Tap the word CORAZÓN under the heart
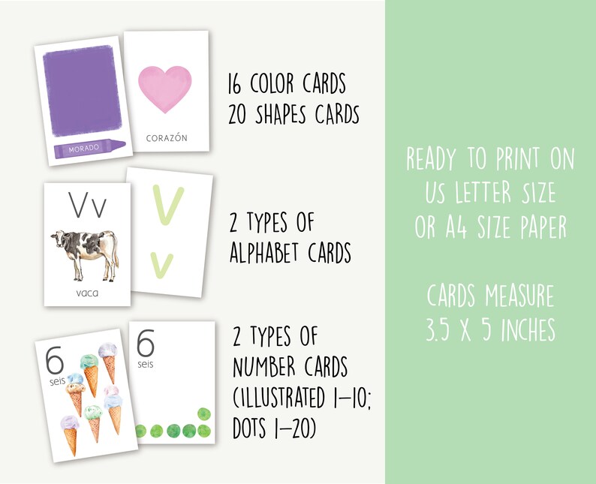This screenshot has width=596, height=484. click(x=166, y=138)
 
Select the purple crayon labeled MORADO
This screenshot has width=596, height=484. click(x=86, y=148)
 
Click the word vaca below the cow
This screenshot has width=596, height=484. click(x=87, y=293)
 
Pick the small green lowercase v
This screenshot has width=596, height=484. click(x=161, y=265)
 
